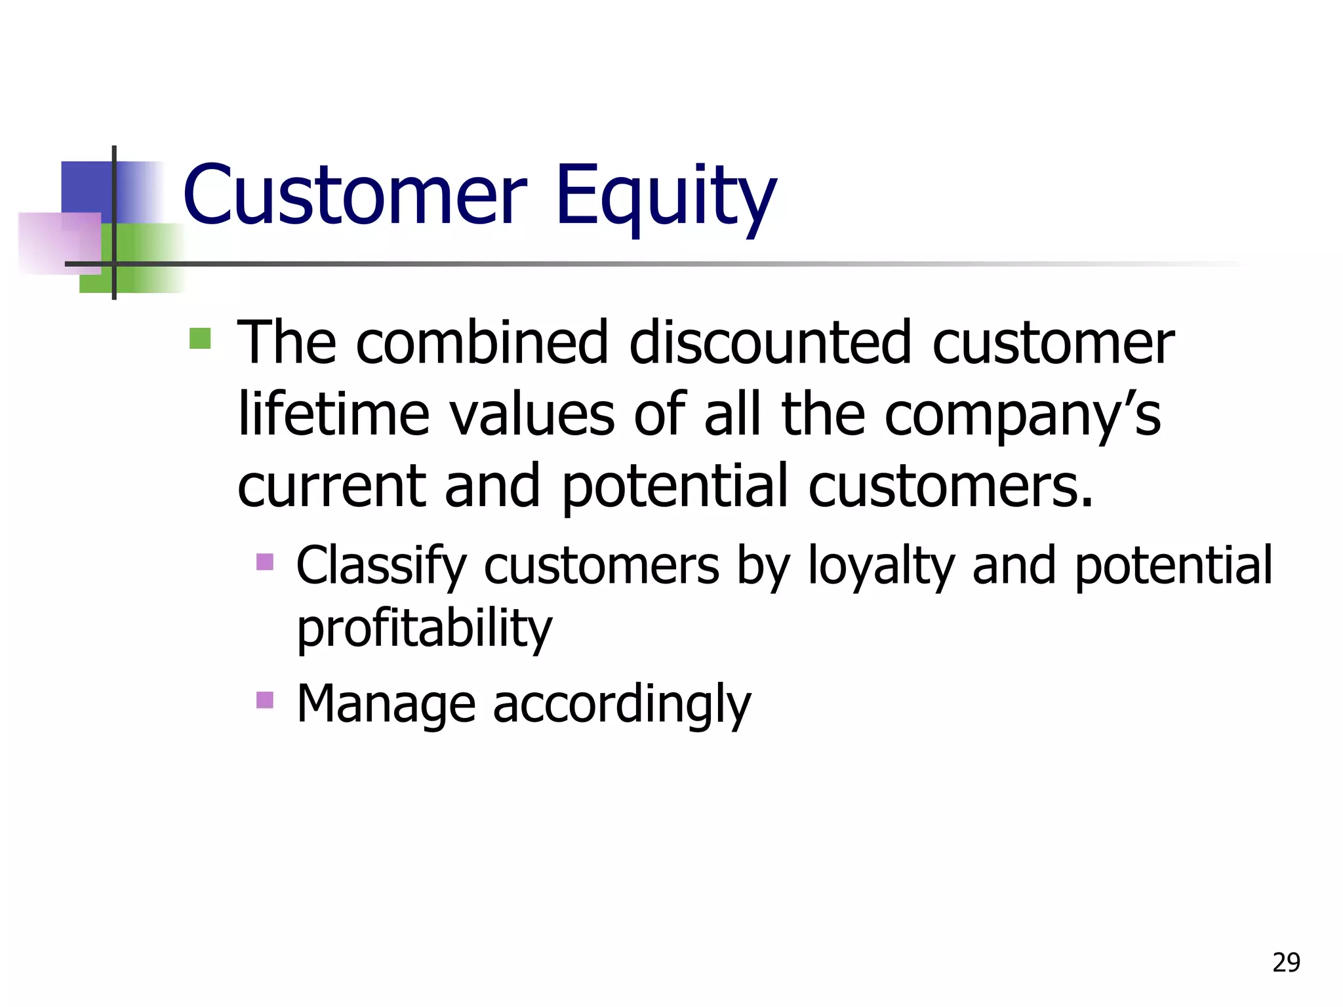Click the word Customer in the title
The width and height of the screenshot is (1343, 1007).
click(354, 195)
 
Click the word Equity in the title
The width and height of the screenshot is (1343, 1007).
click(666, 197)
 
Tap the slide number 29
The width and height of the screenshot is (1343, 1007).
click(1286, 962)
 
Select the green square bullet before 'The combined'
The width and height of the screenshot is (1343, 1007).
click(200, 339)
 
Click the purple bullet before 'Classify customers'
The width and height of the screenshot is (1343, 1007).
click(265, 562)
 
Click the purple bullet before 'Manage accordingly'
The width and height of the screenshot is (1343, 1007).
click(265, 700)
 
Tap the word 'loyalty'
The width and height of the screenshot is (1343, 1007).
click(881, 566)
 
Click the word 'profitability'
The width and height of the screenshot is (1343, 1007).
click(424, 629)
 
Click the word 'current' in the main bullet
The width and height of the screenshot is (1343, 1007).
click(332, 486)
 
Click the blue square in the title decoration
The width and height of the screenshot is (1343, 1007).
click(86, 186)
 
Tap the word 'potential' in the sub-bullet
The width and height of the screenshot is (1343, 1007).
click(1173, 566)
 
